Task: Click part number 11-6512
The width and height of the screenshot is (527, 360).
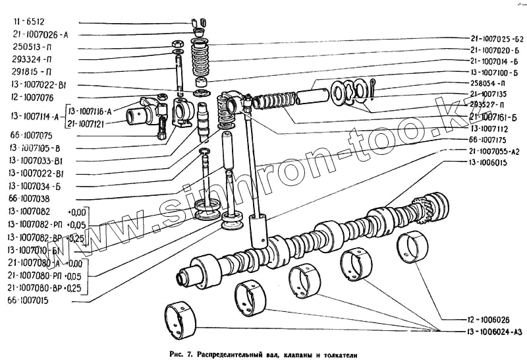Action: pos(26,21)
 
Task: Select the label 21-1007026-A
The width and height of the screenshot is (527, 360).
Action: pos(39,34)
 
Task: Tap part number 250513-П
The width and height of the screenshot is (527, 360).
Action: pos(33,48)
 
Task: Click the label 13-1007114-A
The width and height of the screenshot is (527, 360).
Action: pos(35,117)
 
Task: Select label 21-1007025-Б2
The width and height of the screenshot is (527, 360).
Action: pos(497,38)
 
